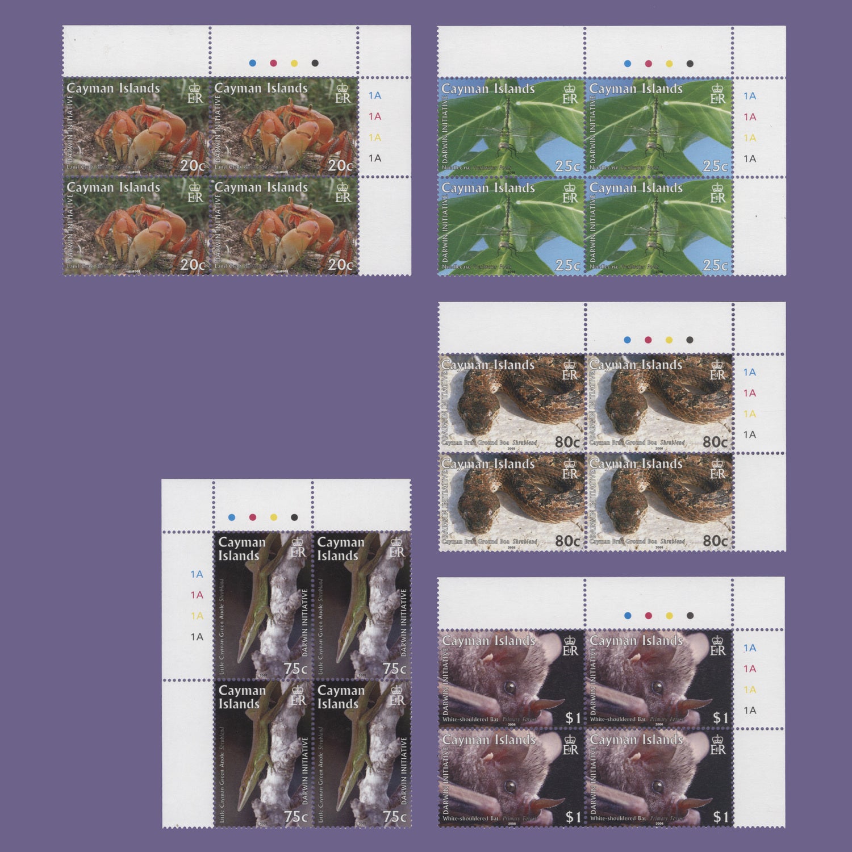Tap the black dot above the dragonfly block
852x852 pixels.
tap(690, 64)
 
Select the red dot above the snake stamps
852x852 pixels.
tap(648, 340)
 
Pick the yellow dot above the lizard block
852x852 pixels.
tap(273, 517)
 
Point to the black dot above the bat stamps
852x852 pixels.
tap(690, 616)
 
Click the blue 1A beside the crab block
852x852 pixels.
tap(375, 95)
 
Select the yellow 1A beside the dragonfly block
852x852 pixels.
tap(750, 138)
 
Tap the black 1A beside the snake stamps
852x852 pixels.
tap(750, 435)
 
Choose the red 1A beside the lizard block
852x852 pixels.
tap(197, 595)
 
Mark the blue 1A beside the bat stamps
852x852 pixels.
tap(750, 648)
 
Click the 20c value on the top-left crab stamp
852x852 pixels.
tap(193, 166)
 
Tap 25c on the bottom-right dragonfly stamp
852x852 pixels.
tap(715, 265)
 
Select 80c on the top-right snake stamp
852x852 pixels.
tap(715, 442)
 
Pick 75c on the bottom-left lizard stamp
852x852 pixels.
tap(296, 816)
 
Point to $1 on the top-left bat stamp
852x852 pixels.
tap(573, 718)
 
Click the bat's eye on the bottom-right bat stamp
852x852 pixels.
tap(658, 787)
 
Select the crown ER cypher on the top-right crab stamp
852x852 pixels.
tap(343, 94)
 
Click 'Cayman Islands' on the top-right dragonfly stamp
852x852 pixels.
tap(636, 89)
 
